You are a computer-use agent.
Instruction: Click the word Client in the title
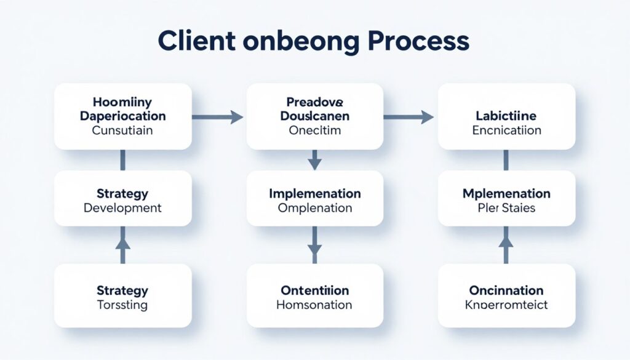[x=196, y=42]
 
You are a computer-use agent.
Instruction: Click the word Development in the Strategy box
[x=122, y=208]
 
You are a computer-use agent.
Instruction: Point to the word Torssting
[x=122, y=305]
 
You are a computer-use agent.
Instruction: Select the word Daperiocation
[x=122, y=116]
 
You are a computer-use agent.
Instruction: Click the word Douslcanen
[x=314, y=116]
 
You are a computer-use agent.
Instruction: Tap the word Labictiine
[x=506, y=116]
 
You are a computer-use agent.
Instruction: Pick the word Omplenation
[x=314, y=208]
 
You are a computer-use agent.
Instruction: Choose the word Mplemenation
[x=506, y=193]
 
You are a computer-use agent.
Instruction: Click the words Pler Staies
[x=506, y=208]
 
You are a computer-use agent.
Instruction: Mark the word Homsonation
[x=314, y=305]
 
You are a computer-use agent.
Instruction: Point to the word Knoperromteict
[x=506, y=305]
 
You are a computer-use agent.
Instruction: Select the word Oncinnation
[x=506, y=290]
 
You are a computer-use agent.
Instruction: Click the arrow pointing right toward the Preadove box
[x=218, y=116]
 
